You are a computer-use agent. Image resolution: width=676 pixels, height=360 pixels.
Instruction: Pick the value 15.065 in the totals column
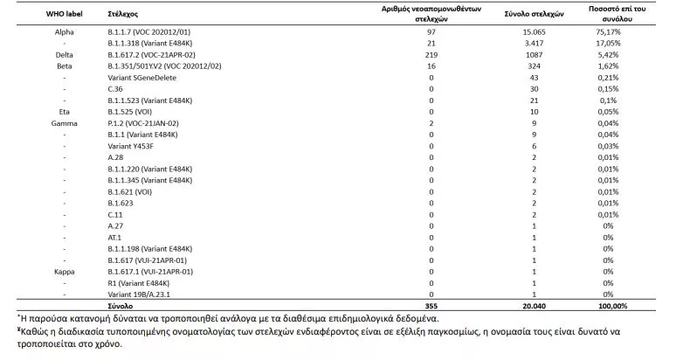[528, 31]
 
